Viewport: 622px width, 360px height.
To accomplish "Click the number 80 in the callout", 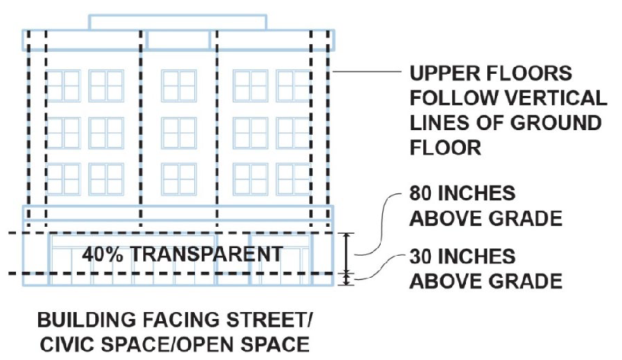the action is point(422,193).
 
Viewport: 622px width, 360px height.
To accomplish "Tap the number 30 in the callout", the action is point(422,256).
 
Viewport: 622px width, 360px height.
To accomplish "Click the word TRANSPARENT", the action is point(206,253).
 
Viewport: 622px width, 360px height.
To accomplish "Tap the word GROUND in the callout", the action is point(556,123).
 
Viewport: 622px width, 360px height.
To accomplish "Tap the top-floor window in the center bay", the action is point(179,86).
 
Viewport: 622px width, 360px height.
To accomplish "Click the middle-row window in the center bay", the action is point(179,133).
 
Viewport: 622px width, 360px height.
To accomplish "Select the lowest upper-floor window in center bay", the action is point(179,179).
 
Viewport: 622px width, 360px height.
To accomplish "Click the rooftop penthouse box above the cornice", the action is point(177,23).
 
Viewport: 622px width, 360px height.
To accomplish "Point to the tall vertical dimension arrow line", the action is point(346,253).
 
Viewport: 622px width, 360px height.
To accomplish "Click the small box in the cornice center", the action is point(178,40).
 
